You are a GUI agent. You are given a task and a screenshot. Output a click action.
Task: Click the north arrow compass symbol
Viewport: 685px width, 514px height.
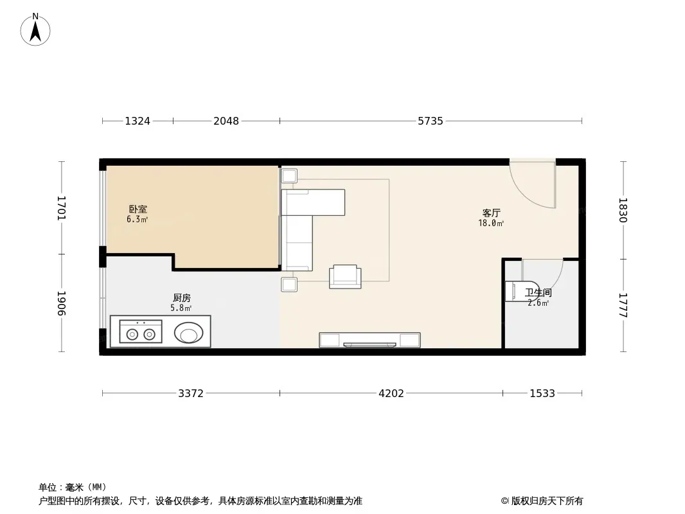point(35,30)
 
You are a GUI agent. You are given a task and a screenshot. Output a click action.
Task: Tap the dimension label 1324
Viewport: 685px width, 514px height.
point(138,121)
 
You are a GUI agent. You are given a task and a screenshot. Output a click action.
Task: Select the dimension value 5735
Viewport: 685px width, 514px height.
point(431,121)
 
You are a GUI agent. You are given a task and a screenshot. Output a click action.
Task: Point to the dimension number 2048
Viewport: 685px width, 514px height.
point(226,121)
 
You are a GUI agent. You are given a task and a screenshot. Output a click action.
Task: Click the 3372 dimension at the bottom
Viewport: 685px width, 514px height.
point(191,393)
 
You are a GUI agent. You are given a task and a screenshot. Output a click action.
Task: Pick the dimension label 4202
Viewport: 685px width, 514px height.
point(391,393)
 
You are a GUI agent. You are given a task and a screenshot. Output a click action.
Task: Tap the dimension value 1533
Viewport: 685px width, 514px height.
point(542,393)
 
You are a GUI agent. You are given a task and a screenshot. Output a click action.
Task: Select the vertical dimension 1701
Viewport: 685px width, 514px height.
point(62,208)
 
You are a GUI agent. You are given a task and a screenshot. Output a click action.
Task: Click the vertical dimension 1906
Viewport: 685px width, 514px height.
point(62,303)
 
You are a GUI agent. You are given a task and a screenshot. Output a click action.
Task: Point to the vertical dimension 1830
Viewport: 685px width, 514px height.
point(623,210)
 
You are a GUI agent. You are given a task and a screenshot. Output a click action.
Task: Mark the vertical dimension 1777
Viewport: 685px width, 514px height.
point(623,305)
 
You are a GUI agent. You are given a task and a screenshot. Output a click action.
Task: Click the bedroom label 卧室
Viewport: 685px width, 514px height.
point(138,209)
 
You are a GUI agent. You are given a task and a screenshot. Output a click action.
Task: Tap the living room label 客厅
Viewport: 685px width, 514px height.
point(491,213)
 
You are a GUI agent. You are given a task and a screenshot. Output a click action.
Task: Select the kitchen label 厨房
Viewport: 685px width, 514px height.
point(182,298)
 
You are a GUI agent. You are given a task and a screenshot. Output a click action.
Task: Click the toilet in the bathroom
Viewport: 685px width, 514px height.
point(522,291)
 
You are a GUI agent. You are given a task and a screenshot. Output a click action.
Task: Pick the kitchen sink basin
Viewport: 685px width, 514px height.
point(189,333)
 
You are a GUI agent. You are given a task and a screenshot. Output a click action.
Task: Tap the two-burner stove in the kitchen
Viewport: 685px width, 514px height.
point(141,332)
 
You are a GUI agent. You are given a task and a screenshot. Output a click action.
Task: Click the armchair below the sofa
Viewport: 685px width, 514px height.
point(345,276)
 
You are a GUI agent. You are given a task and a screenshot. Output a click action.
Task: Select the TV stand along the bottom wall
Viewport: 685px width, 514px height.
point(369,340)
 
